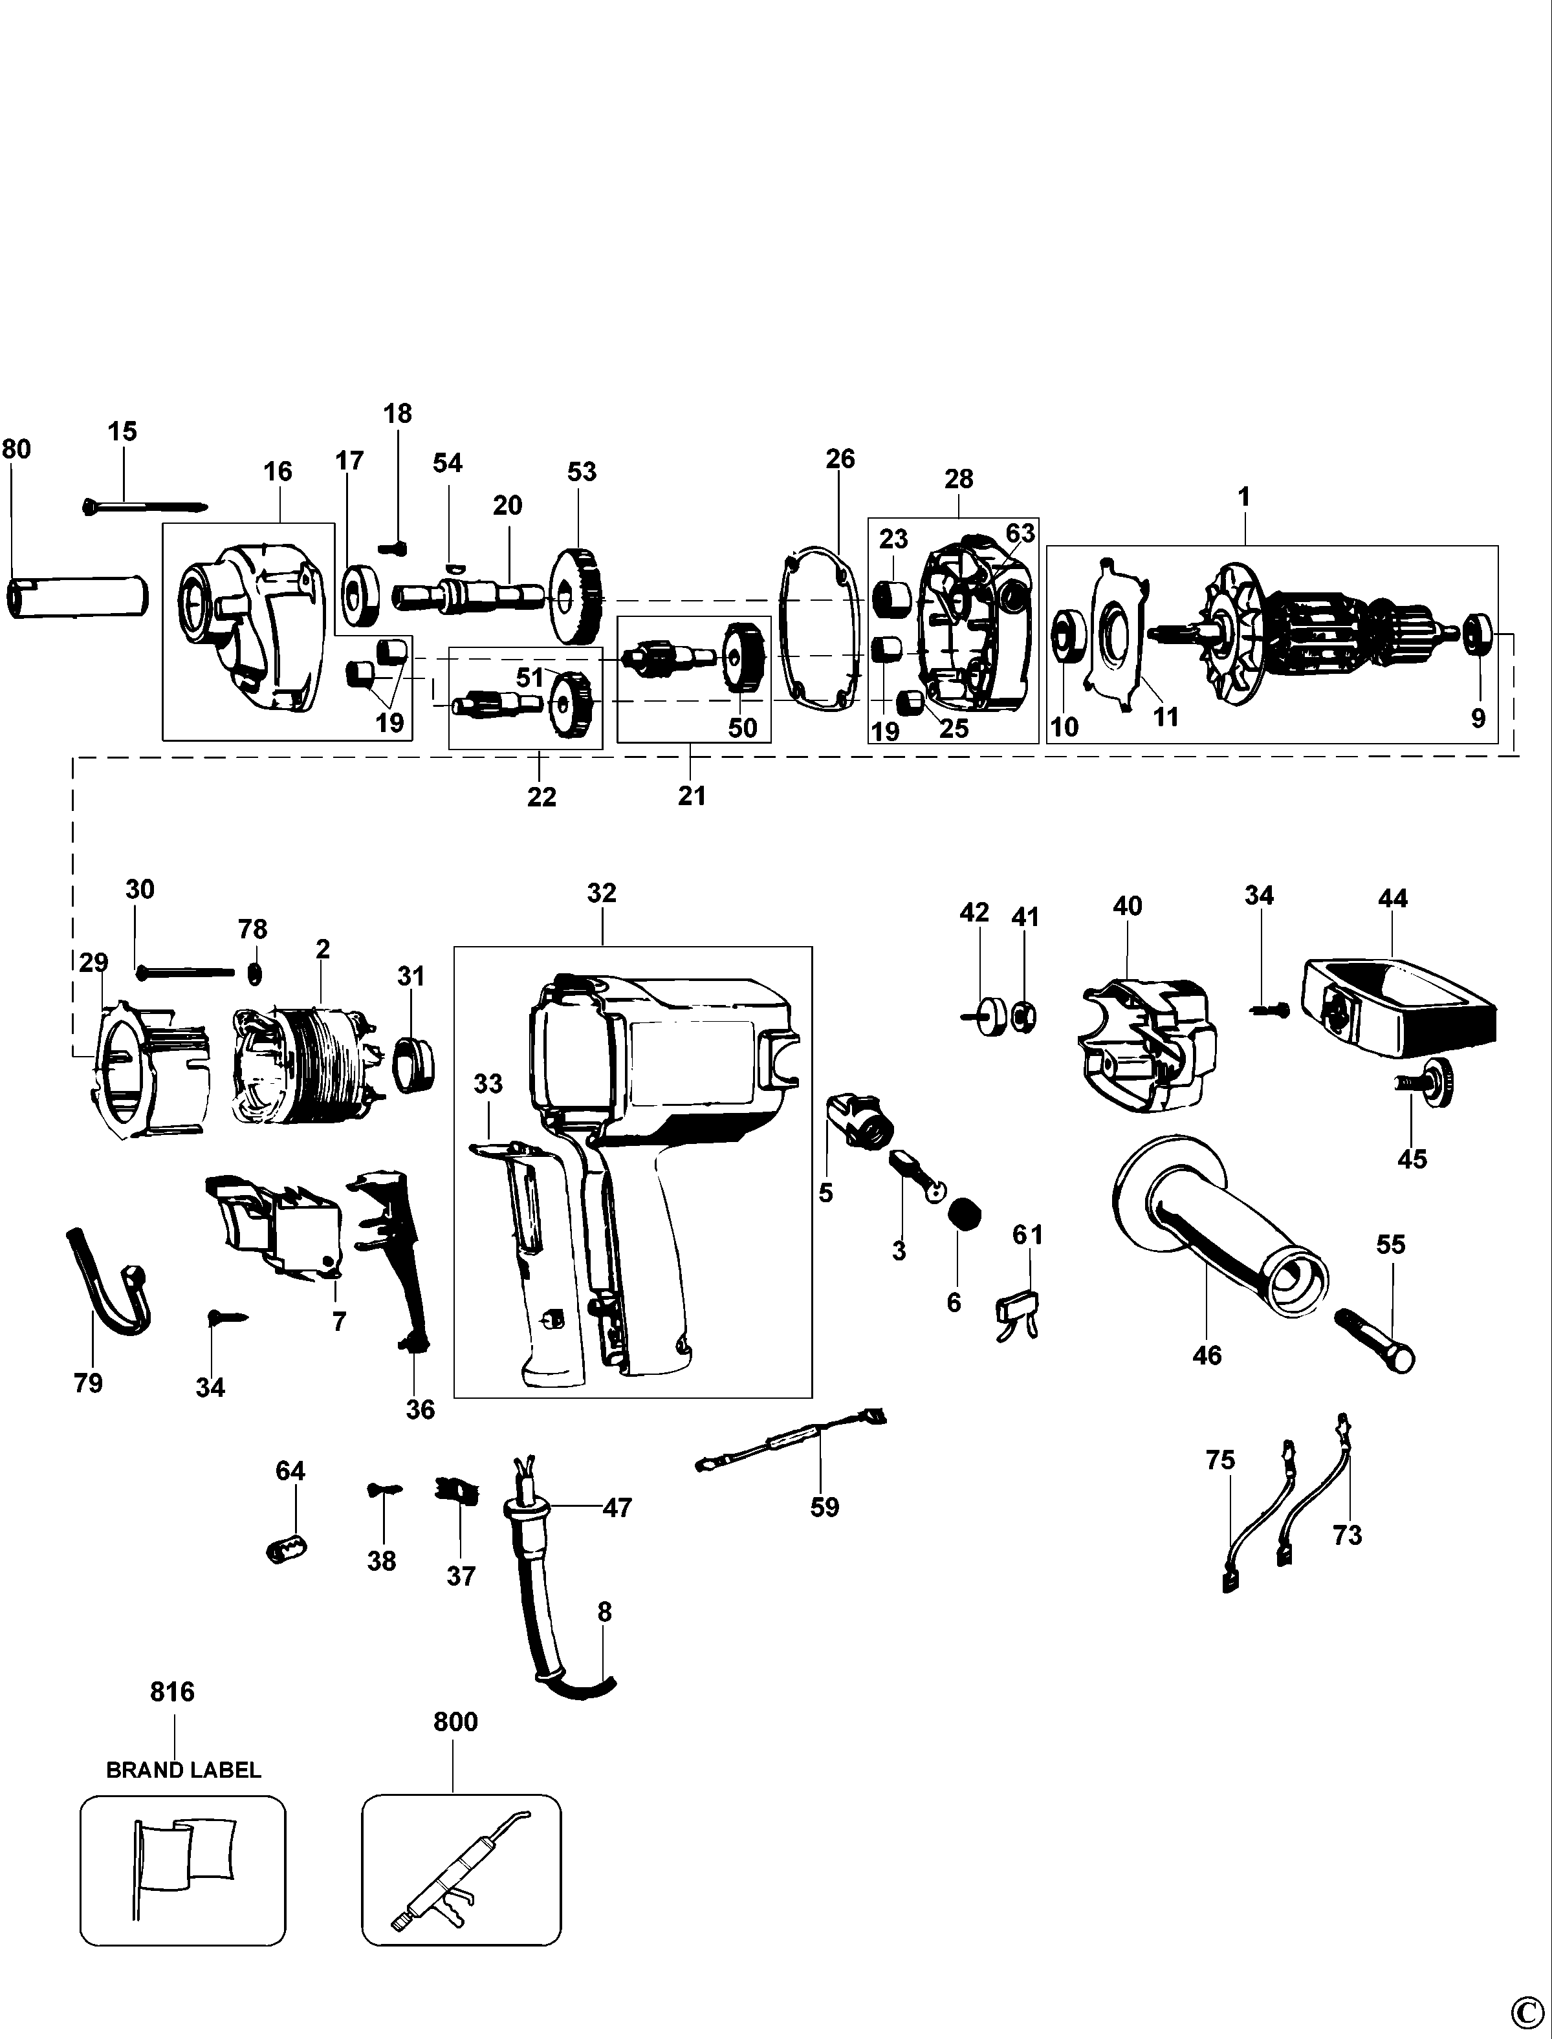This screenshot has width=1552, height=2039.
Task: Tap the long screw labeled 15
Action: click(x=143, y=506)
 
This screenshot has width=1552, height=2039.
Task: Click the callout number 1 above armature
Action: click(x=1243, y=497)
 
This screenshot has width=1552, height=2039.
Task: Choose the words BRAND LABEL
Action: click(x=183, y=1770)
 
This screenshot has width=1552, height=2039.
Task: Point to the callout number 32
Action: click(x=602, y=893)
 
